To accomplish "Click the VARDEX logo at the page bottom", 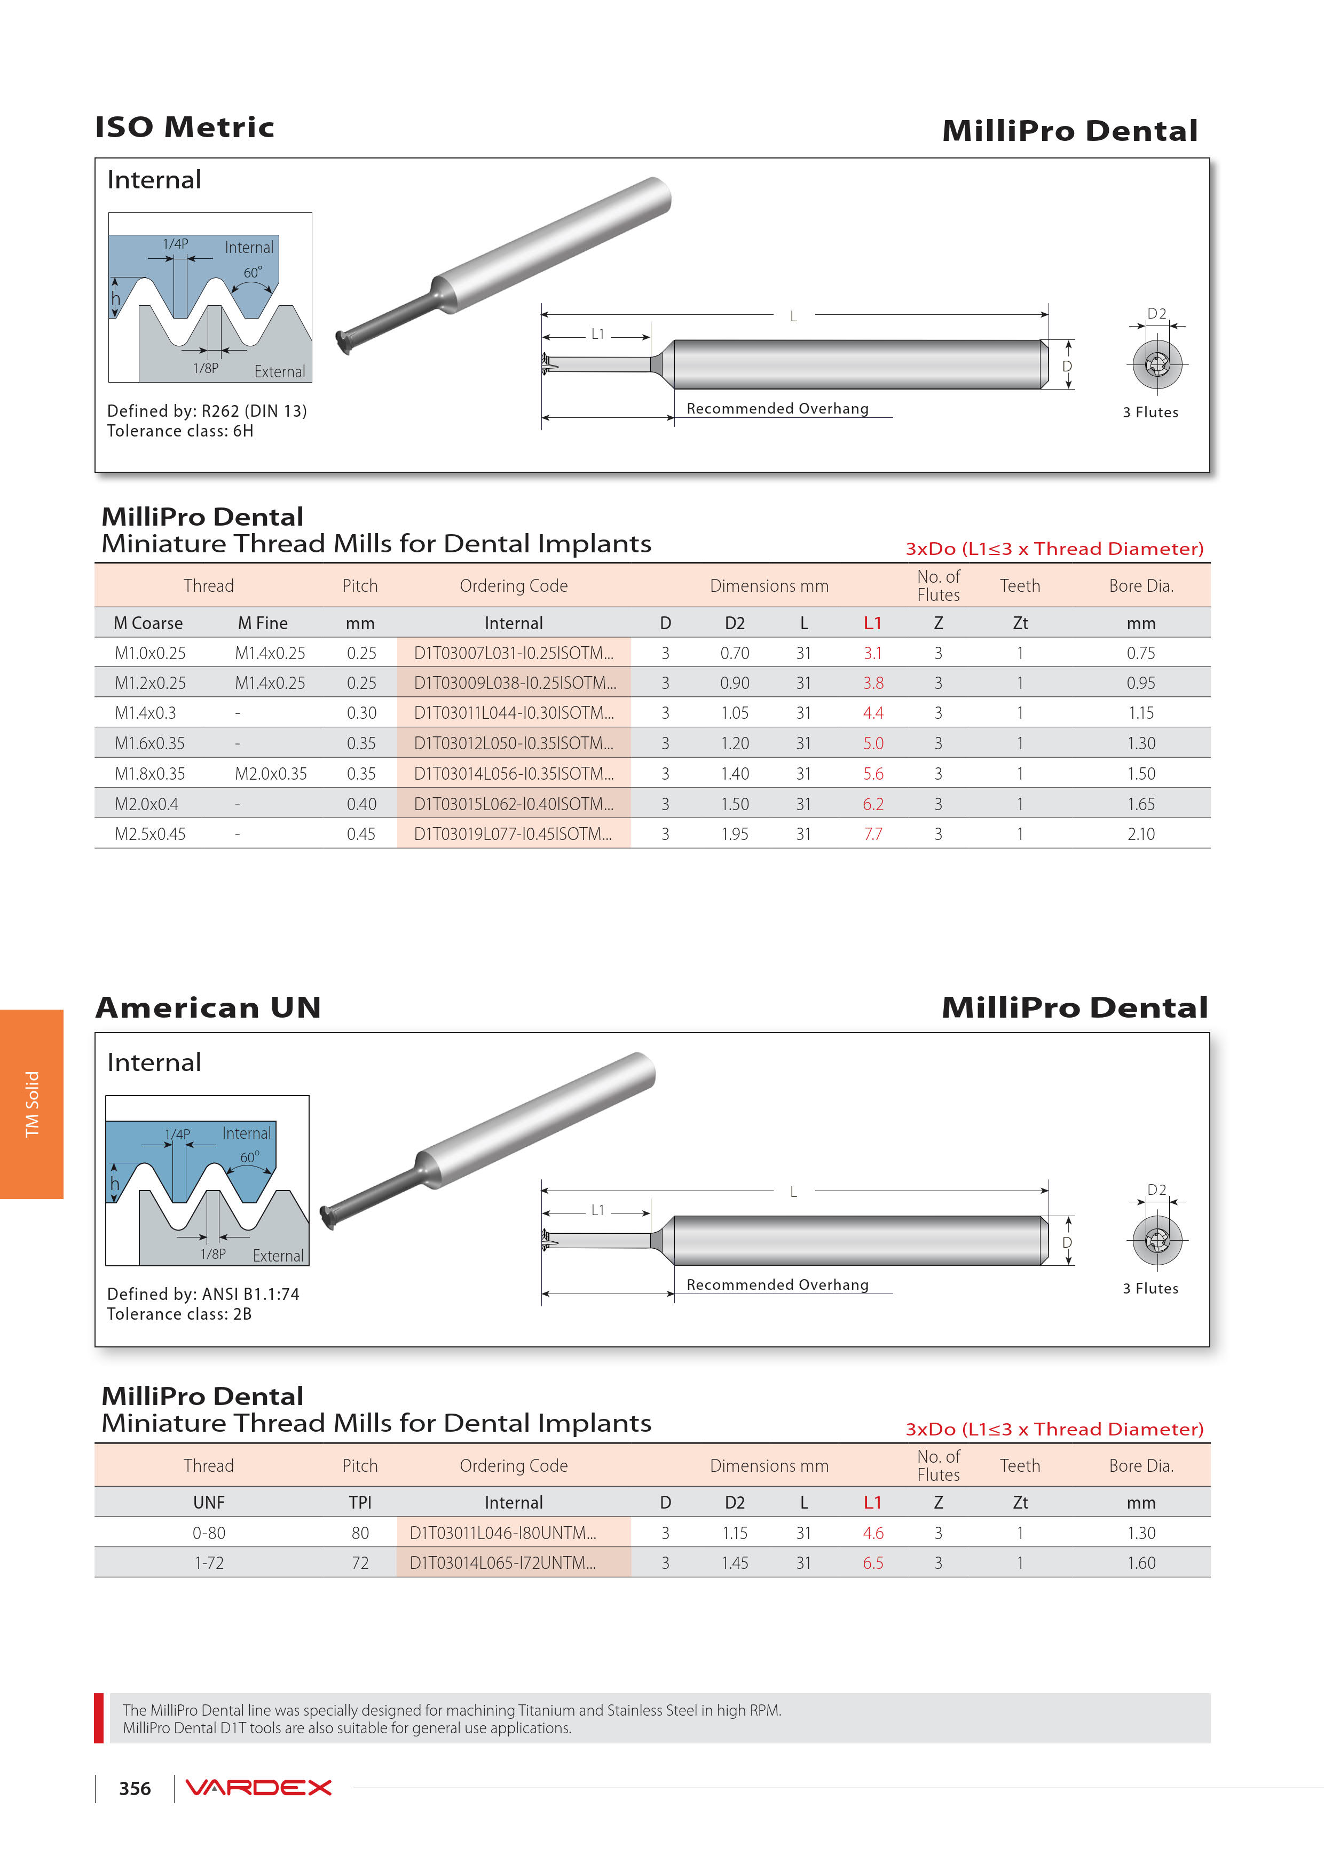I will click(x=258, y=1788).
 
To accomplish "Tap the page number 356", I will click(x=135, y=1789).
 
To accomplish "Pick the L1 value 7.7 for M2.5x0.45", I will click(x=873, y=834).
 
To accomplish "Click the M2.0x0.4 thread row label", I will click(x=146, y=804).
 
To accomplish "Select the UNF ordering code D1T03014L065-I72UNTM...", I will click(x=502, y=1563).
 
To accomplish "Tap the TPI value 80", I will click(x=360, y=1533).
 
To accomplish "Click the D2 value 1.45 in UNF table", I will click(x=734, y=1563).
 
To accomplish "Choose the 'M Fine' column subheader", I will click(x=263, y=623).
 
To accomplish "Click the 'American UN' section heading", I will click(x=208, y=1008).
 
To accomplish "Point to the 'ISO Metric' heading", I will click(x=184, y=127).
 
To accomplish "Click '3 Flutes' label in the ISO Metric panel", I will click(x=1150, y=413).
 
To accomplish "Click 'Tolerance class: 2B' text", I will click(x=179, y=1314).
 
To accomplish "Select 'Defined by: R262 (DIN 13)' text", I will click(x=207, y=411).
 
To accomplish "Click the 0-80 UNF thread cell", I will click(x=209, y=1533).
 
